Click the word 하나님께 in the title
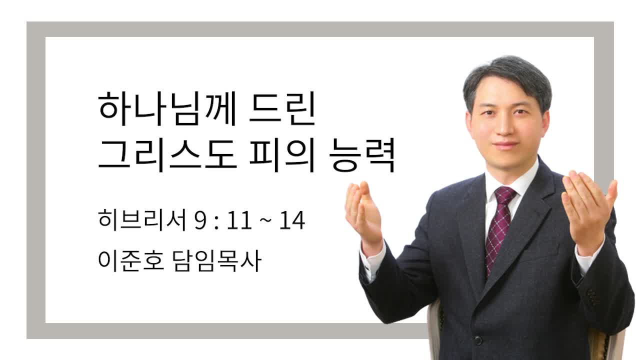coord(167,109)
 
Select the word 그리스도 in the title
coord(167,155)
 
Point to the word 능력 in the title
coord(362,155)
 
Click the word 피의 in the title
coord(282,155)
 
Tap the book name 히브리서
coord(142,220)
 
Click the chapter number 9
coord(200,220)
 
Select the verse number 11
coord(239,220)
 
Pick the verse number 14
coord(292,220)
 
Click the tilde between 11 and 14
coord(265,221)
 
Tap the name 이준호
coord(131,260)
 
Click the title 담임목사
coord(217,260)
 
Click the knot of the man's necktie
coord(505,195)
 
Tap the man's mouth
coord(505,145)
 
